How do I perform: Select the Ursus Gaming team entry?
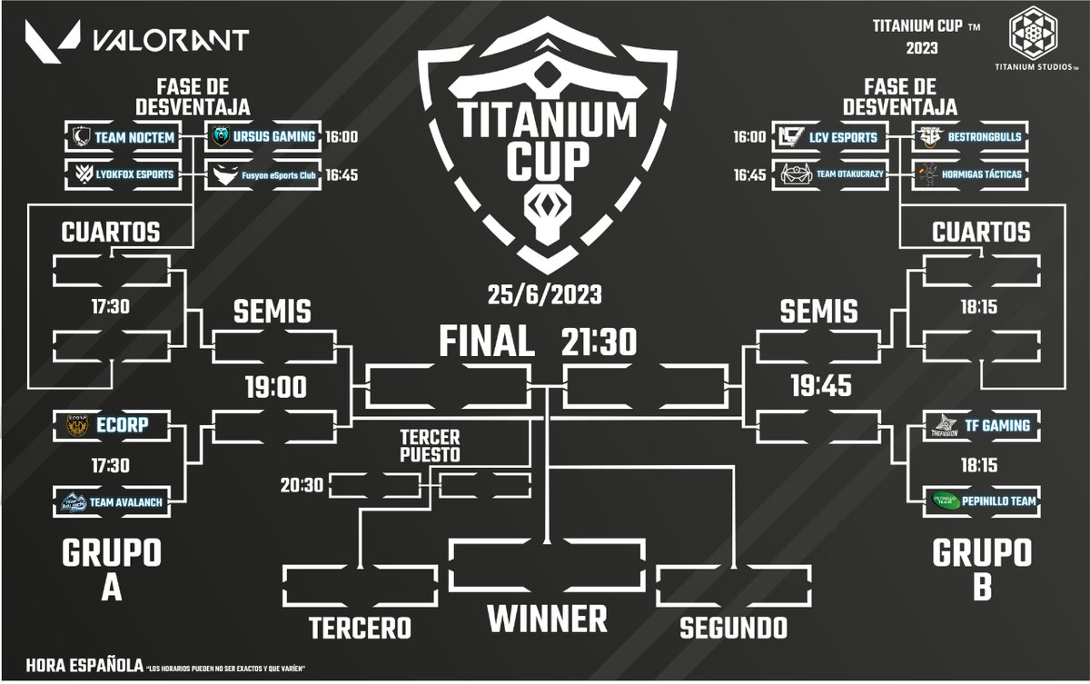pos(262,137)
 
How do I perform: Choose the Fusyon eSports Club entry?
pos(262,173)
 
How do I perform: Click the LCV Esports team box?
pos(827,137)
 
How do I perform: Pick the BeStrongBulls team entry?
pos(968,137)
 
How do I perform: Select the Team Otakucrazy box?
pos(827,173)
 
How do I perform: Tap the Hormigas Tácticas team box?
pos(968,173)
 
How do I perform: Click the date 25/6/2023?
pos(544,295)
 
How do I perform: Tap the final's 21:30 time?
pos(599,342)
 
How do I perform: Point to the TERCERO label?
pos(360,628)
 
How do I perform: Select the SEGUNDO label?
pos(733,628)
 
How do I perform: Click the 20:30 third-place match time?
pos(302,486)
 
